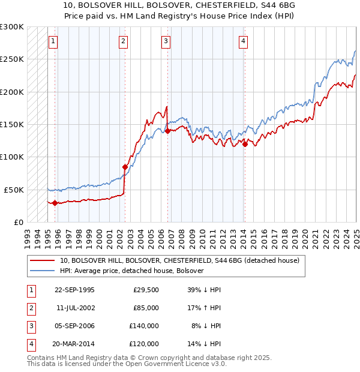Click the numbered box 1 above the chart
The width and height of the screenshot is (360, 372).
(53, 41)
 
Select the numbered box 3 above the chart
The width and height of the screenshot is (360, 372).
(166, 41)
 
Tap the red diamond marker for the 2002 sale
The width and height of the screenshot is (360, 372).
(125, 167)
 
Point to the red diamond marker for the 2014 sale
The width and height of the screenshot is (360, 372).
(245, 144)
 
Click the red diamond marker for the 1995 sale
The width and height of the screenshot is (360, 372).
(55, 203)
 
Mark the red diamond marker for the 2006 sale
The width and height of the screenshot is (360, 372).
(167, 131)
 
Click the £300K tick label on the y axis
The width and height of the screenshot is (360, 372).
(12, 27)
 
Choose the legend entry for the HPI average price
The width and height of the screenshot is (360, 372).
(132, 271)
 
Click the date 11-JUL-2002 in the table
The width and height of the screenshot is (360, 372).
(74, 308)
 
